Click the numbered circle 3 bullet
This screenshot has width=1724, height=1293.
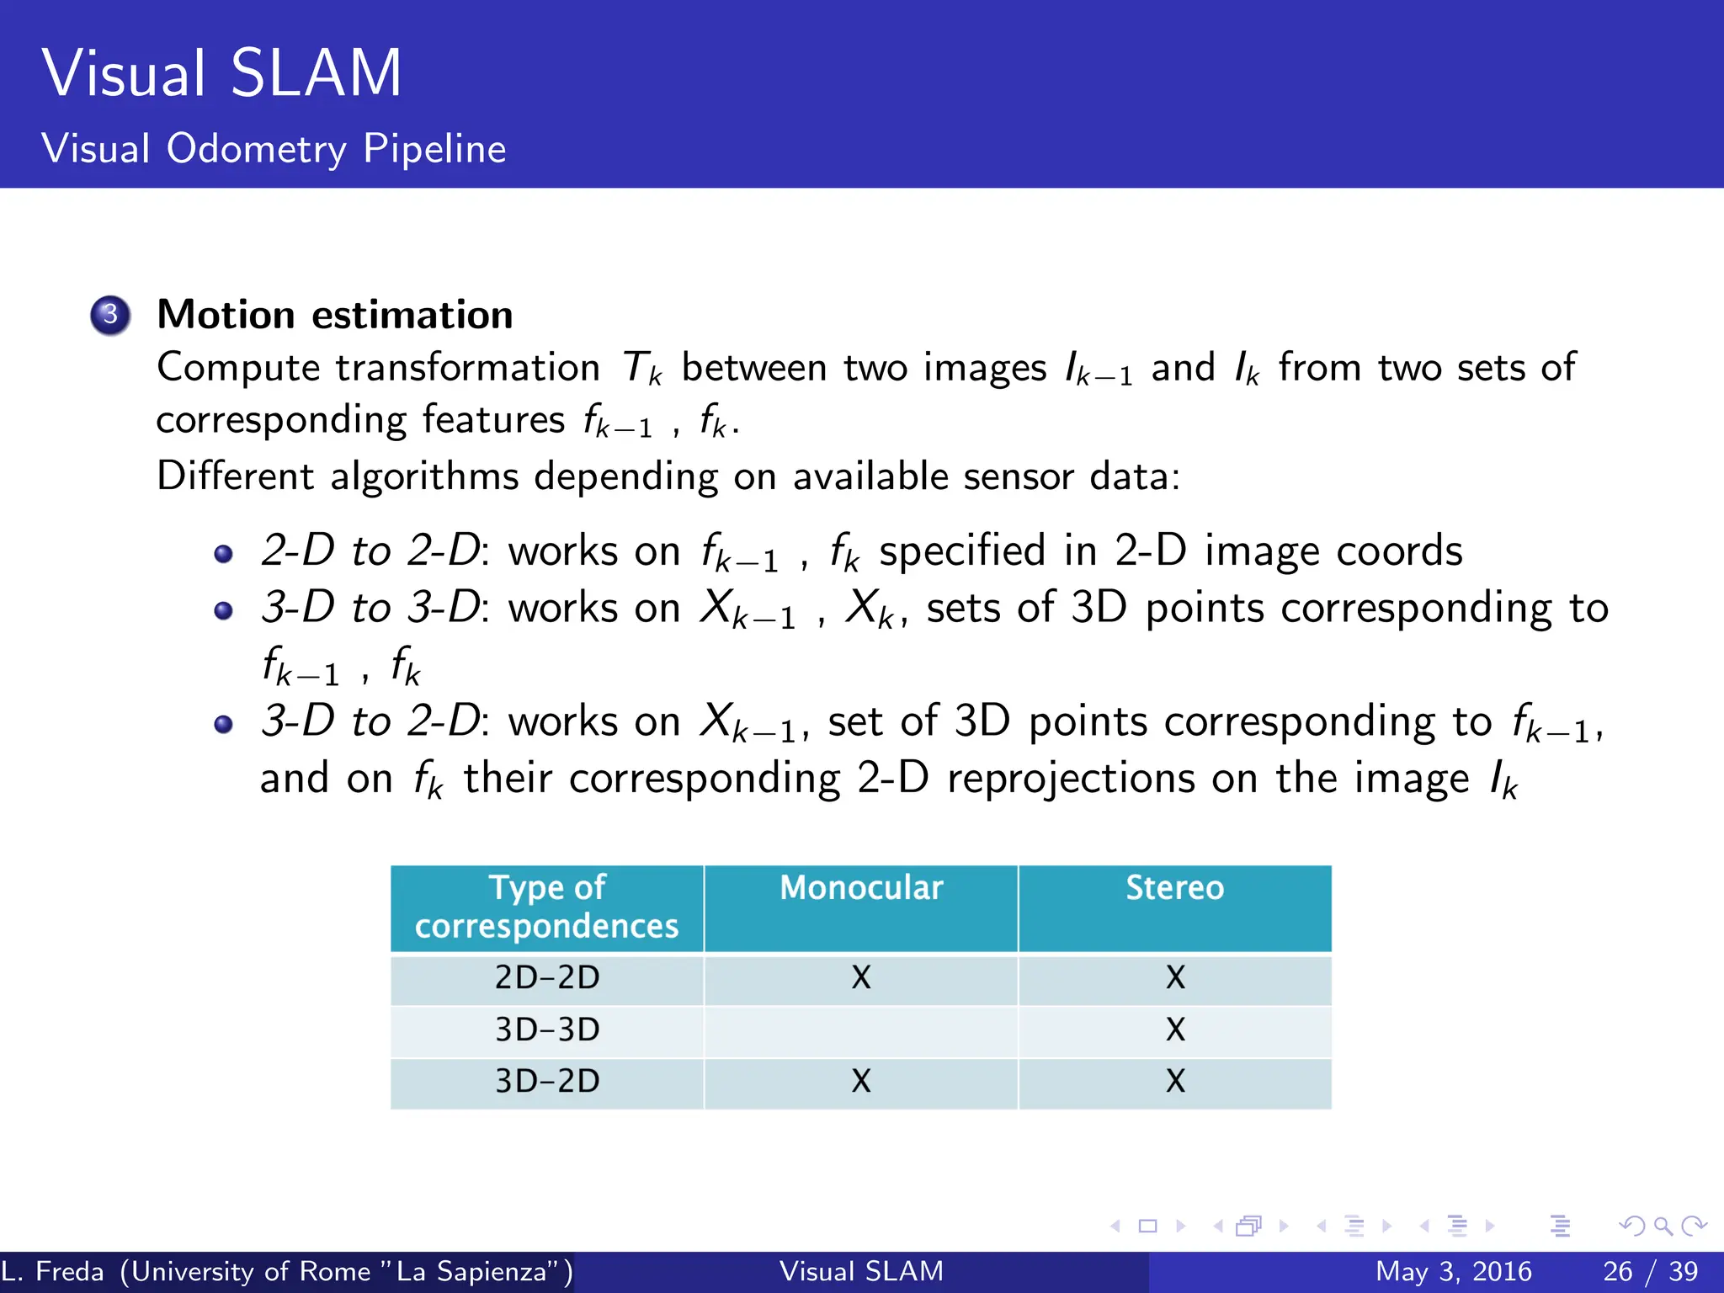pos(110,316)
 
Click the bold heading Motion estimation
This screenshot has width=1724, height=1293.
pos(335,316)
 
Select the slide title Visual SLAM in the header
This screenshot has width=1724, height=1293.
pos(222,73)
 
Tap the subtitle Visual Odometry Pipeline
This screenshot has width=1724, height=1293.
pos(274,149)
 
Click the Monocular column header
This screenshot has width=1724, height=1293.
pos(861,888)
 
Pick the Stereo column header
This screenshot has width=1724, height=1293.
pos(1175,888)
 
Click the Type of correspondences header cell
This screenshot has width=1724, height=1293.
pos(547,907)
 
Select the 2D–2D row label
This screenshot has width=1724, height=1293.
pos(547,977)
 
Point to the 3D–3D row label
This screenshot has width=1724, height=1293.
pos(547,1030)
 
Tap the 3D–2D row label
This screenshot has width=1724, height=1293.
pos(547,1081)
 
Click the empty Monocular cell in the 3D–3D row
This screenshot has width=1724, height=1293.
pos(861,1030)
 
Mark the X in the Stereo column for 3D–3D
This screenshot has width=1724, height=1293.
pos(1175,1030)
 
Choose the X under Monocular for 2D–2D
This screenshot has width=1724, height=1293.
pos(861,977)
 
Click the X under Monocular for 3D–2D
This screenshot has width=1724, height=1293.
pos(861,1081)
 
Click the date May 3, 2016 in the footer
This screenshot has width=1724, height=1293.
pos(1453,1271)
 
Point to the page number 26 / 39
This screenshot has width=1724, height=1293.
pos(1650,1271)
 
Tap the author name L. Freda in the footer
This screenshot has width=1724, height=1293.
pos(52,1271)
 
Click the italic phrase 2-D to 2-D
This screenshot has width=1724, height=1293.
pos(371,551)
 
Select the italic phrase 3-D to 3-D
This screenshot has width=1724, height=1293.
pos(371,608)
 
